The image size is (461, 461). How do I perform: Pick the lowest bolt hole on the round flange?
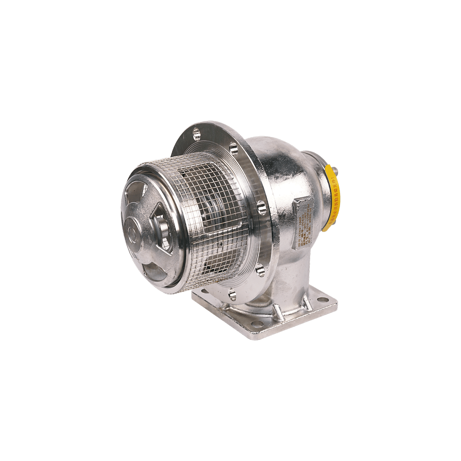tap(232, 294)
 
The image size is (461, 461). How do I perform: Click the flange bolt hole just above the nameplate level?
tap(262, 207)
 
